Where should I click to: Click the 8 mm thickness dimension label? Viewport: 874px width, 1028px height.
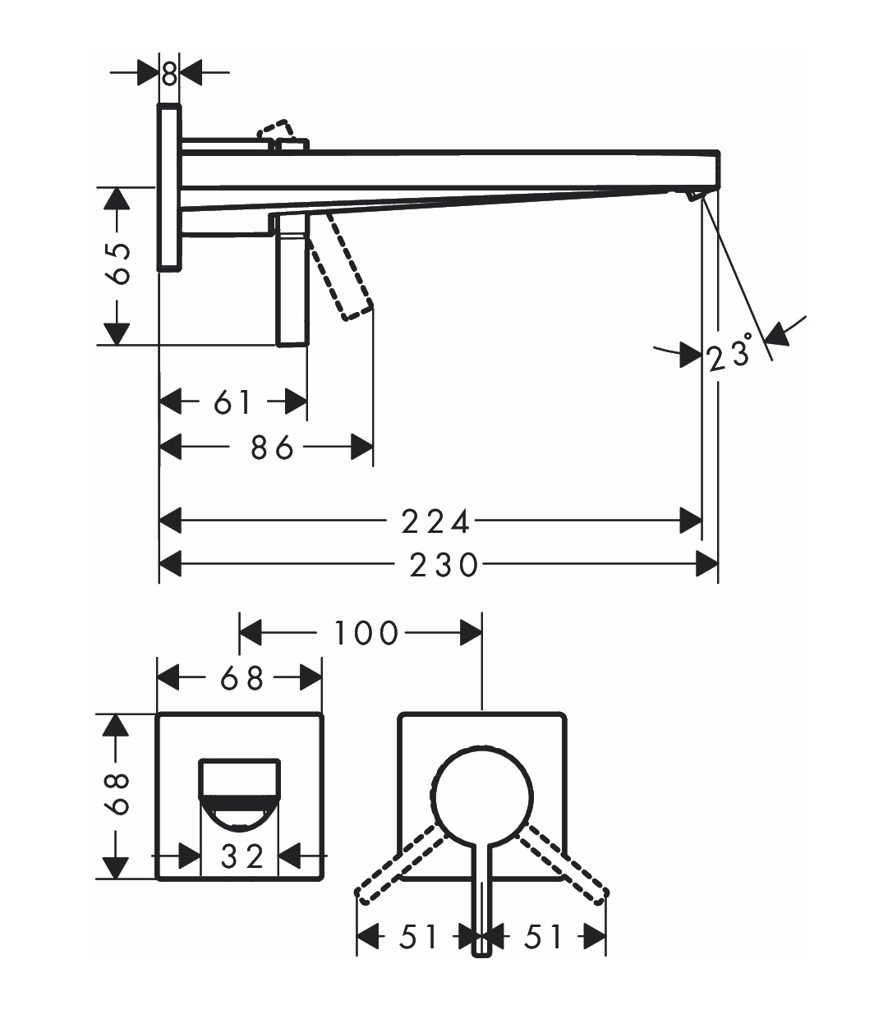[x=169, y=75]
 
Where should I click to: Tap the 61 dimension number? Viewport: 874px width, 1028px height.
[x=232, y=402]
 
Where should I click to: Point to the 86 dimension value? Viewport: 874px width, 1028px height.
[x=272, y=447]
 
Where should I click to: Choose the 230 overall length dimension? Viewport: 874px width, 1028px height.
[x=444, y=565]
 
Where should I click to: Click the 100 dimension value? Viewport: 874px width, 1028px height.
[x=366, y=633]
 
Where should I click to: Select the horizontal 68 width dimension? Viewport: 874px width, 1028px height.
[x=243, y=678]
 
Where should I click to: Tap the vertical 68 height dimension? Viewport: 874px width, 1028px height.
[x=120, y=794]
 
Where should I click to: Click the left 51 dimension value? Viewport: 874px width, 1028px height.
[x=419, y=936]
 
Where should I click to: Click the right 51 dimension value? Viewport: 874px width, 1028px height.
[x=544, y=936]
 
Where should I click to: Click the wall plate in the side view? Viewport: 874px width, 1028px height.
[x=169, y=187]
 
